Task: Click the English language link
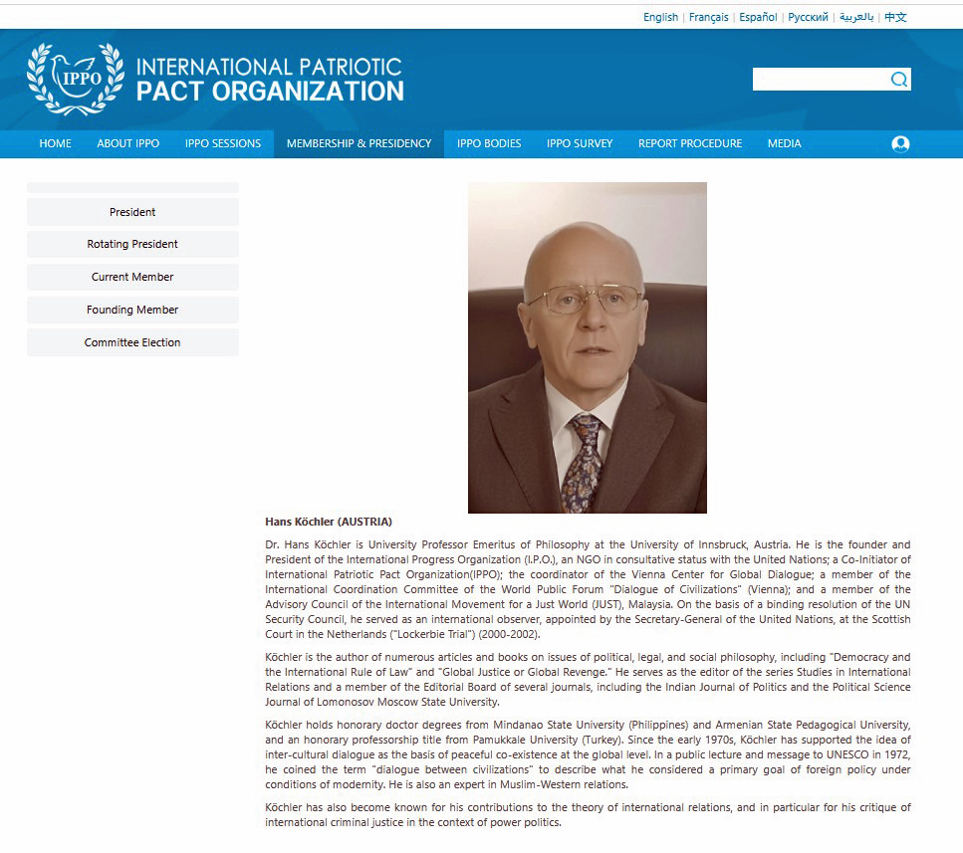[660, 17]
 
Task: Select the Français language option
[708, 17]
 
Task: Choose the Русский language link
[808, 17]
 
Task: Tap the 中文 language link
[895, 17]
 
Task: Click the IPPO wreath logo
[75, 79]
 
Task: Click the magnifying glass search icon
[898, 80]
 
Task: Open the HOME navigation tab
[55, 143]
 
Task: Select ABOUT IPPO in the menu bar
[127, 143]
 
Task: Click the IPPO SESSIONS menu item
[222, 143]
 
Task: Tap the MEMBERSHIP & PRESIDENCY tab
[359, 143]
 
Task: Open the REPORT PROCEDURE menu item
[689, 143]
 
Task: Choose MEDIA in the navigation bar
[784, 143]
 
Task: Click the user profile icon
[900, 143]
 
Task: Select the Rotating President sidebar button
[132, 244]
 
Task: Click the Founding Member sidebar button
[132, 310]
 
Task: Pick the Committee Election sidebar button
[132, 342]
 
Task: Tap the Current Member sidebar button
[132, 277]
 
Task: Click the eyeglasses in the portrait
[585, 300]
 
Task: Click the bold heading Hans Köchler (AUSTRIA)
[329, 522]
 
